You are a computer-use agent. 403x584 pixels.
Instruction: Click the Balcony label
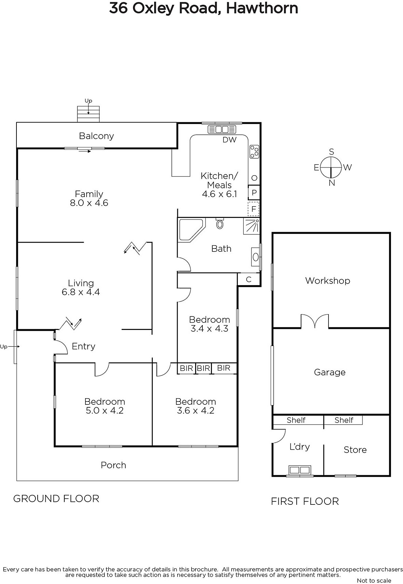click(96, 136)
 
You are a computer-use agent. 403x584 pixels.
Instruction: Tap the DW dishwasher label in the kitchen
click(229, 140)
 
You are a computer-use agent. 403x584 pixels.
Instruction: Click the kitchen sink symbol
click(222, 129)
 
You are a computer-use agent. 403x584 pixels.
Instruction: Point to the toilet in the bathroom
click(220, 223)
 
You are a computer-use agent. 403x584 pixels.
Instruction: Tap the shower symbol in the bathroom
click(251, 226)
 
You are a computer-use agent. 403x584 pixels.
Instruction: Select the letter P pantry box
click(254, 193)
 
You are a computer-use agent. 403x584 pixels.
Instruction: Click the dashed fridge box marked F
click(254, 209)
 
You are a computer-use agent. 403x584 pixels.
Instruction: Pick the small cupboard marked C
click(249, 280)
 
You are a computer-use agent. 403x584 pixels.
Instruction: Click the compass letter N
click(332, 183)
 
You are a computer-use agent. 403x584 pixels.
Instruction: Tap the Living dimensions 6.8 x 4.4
click(81, 292)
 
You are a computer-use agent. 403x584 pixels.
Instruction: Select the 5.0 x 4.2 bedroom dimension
click(104, 410)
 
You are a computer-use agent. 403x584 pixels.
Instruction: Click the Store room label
click(355, 450)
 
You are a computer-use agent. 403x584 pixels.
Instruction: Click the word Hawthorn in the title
click(262, 8)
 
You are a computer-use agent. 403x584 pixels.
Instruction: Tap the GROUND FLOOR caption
click(56, 499)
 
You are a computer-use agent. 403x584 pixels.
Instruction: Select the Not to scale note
click(374, 580)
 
